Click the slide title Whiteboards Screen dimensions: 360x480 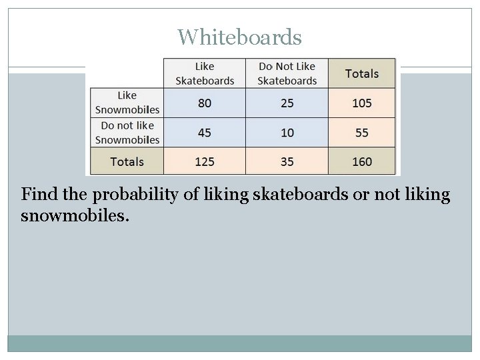pos(239,37)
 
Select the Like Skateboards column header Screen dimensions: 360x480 pos(205,73)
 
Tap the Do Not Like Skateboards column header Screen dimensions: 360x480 pos(287,73)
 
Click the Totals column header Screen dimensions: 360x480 pos(361,73)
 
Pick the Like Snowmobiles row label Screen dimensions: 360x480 pos(127,103)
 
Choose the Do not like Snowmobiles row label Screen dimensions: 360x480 pos(127,132)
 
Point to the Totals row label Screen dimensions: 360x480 pos(127,161)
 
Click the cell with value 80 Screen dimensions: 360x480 pos(205,103)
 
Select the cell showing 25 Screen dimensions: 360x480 pos(287,103)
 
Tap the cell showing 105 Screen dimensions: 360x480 pos(361,103)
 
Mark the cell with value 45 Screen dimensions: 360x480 pos(205,133)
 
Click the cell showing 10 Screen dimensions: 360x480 pos(287,133)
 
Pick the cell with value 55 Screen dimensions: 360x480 pos(361,133)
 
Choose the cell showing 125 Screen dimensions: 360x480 pos(205,161)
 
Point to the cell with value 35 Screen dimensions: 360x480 pos(287,161)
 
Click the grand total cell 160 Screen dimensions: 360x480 pos(361,161)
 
